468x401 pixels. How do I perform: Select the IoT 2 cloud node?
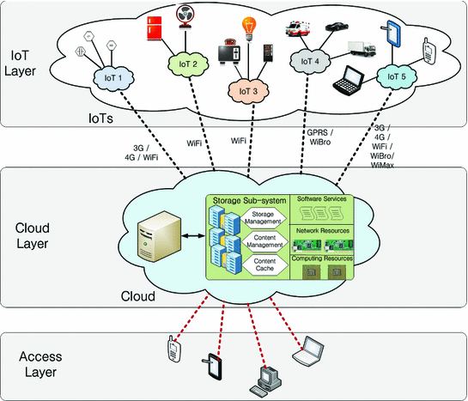188,63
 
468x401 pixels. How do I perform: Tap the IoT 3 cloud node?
246,88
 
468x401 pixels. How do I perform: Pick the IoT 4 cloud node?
309,63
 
